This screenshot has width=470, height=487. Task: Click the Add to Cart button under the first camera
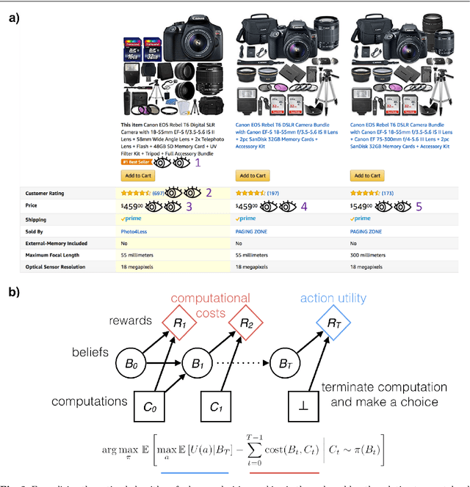click(138, 176)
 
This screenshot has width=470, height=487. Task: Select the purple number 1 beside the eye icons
click(197, 163)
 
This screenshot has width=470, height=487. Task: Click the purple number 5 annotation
click(419, 207)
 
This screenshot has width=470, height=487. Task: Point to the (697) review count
click(157, 194)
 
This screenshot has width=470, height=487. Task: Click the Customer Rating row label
click(46, 194)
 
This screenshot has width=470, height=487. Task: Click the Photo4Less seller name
click(134, 230)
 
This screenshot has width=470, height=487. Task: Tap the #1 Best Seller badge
click(136, 163)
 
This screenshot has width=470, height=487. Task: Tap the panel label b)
click(14, 290)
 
